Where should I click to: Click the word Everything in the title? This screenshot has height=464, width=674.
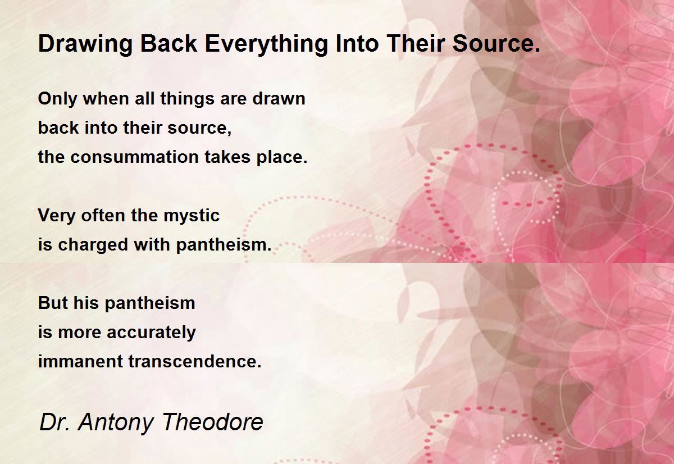click(x=266, y=44)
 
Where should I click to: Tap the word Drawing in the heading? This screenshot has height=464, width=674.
click(x=85, y=44)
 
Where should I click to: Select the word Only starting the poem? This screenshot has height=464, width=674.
click(x=57, y=99)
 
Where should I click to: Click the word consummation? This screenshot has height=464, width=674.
click(x=134, y=157)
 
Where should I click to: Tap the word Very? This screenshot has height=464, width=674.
click(x=57, y=216)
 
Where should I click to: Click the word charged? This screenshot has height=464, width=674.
click(x=93, y=245)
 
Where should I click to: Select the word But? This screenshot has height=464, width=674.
click(x=53, y=303)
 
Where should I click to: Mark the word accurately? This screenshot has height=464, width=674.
click(x=151, y=333)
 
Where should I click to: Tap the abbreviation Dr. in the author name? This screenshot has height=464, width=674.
click(x=54, y=422)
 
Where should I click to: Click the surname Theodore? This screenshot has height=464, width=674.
click(x=213, y=422)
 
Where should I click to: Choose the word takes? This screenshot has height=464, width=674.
click(x=227, y=157)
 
